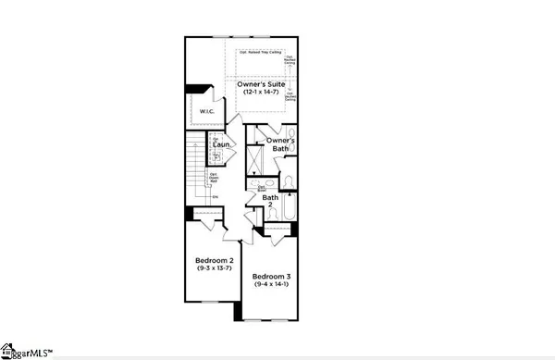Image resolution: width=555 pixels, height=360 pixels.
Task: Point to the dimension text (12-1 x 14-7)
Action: (264, 93)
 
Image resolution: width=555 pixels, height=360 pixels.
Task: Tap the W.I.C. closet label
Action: (207, 113)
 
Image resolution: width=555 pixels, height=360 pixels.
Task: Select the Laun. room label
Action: (220, 145)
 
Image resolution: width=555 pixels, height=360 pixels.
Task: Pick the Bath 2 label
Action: (270, 201)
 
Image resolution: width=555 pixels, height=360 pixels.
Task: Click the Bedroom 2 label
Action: (215, 261)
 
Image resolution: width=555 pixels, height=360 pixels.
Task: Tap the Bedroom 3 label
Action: (273, 277)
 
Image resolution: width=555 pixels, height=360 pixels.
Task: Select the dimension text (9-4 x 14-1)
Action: (273, 285)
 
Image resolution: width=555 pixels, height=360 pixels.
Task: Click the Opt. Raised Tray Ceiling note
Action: (260, 53)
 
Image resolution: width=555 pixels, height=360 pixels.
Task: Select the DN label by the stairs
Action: (215, 196)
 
